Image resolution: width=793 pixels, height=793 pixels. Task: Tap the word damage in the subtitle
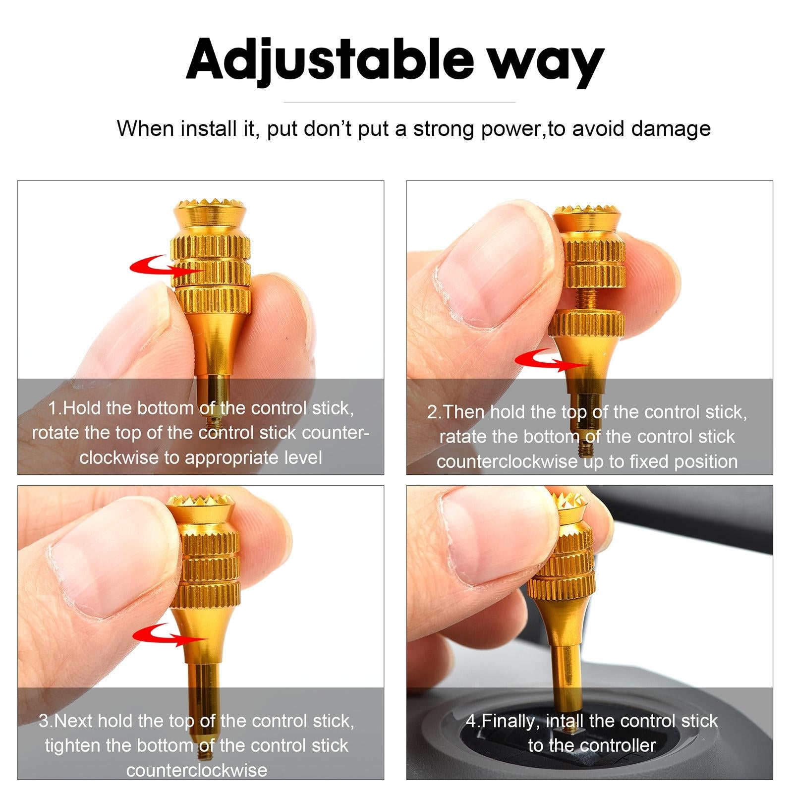(671, 129)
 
